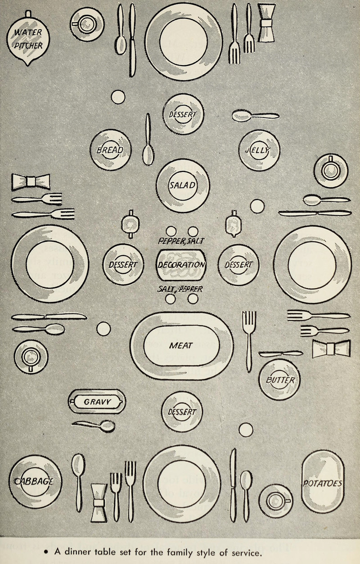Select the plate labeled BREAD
111,150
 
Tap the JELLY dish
259,150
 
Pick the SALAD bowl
183,185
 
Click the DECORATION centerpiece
182,264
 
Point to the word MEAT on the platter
181,345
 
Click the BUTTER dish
279,379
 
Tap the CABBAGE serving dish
34,482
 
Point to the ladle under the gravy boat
94,425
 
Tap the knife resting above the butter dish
281,354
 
